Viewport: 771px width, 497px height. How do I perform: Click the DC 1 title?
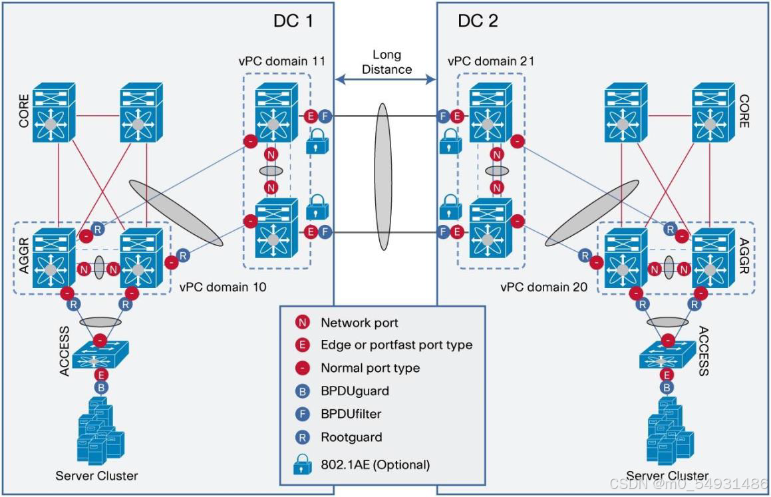tap(293, 21)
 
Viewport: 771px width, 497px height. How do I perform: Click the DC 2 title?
tap(478, 21)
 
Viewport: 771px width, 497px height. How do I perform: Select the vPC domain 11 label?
tap(281, 61)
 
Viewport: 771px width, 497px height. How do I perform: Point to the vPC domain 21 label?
tap(492, 61)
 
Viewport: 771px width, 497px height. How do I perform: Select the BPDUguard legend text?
tap(354, 391)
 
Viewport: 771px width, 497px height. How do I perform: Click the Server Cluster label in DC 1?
tap(97, 475)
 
